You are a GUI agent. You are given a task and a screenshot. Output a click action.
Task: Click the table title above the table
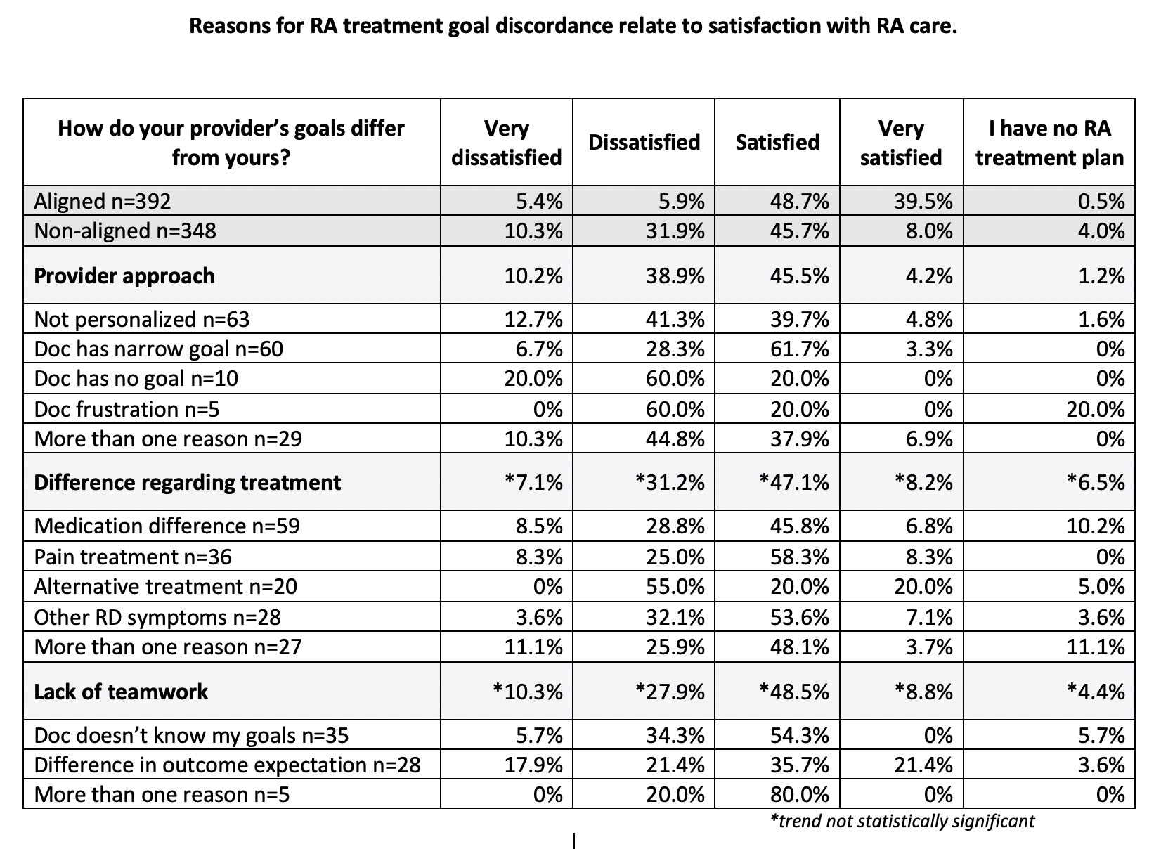tap(573, 27)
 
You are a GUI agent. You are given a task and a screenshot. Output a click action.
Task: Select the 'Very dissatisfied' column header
tap(506, 143)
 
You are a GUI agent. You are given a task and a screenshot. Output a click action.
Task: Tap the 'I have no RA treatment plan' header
tap(1049, 143)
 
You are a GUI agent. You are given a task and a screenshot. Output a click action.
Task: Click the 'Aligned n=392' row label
tap(103, 201)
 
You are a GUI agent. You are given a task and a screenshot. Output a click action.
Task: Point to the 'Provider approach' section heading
tap(124, 276)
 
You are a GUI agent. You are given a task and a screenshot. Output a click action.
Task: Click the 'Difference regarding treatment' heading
tap(188, 482)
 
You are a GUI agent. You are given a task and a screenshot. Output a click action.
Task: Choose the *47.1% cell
tap(794, 482)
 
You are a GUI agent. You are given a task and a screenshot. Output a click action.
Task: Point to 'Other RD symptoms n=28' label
tap(157, 617)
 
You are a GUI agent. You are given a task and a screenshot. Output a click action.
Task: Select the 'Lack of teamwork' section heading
tap(122, 692)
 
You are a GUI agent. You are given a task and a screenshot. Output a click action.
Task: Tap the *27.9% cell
tap(670, 692)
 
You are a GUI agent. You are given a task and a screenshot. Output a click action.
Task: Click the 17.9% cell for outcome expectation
tap(533, 765)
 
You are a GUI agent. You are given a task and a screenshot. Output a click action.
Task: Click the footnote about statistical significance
tap(902, 820)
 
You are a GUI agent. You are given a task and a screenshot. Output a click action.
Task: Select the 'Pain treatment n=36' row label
tap(133, 557)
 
